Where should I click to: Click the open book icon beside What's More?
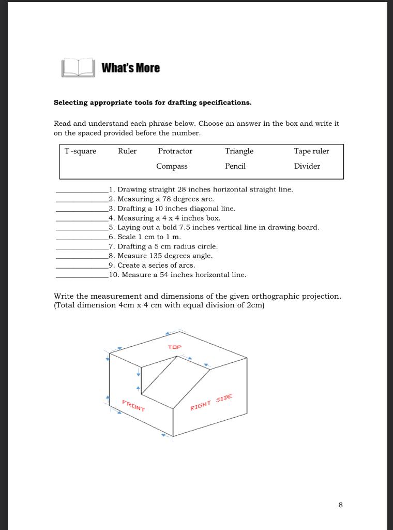click(x=78, y=68)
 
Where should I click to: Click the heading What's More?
click(x=130, y=68)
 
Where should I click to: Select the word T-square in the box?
click(x=80, y=151)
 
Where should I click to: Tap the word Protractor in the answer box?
click(x=175, y=151)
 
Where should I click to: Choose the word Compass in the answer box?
click(x=172, y=166)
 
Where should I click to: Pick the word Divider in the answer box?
click(x=307, y=166)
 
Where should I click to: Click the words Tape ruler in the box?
click(x=311, y=151)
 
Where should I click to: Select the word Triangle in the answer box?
click(x=239, y=151)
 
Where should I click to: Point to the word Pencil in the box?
click(x=235, y=166)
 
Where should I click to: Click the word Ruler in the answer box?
click(x=127, y=151)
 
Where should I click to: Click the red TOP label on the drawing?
click(x=175, y=347)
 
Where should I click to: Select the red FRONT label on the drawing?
click(x=133, y=406)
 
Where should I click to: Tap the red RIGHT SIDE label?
click(x=211, y=402)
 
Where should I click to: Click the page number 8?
click(x=340, y=505)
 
